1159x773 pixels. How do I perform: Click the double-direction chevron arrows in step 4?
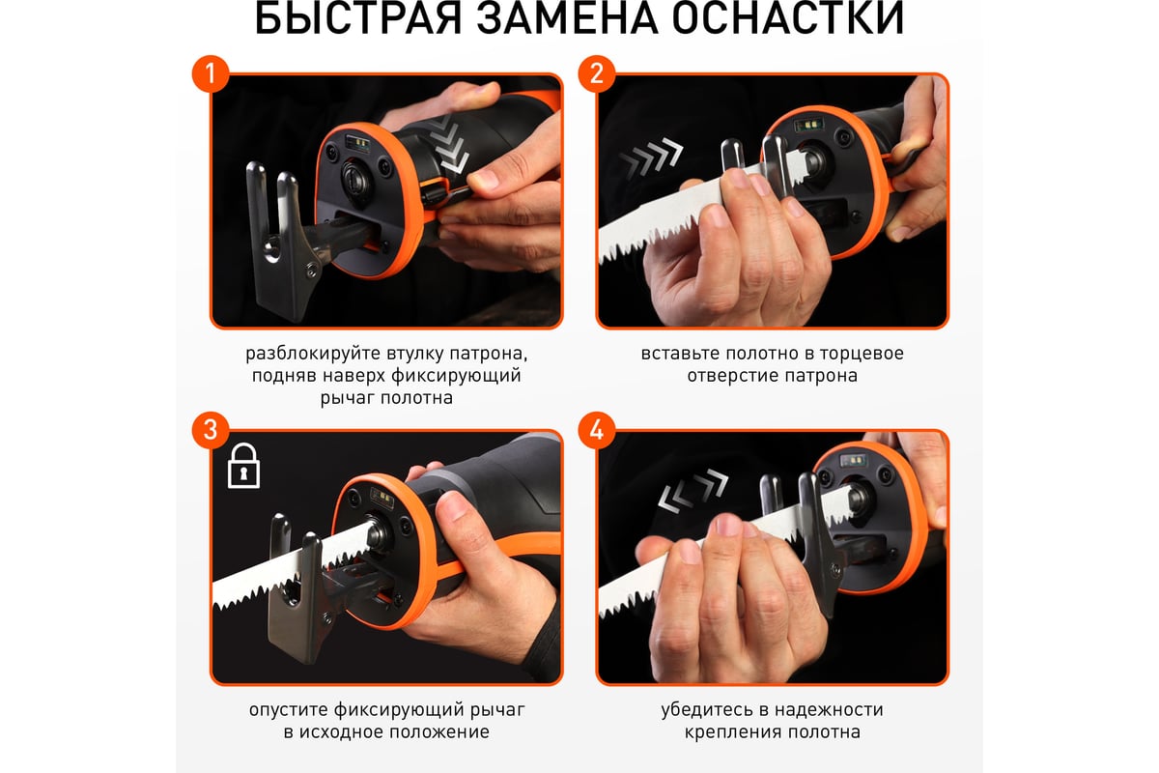[693, 489]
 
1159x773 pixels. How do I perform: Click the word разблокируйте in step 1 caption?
[300, 353]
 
